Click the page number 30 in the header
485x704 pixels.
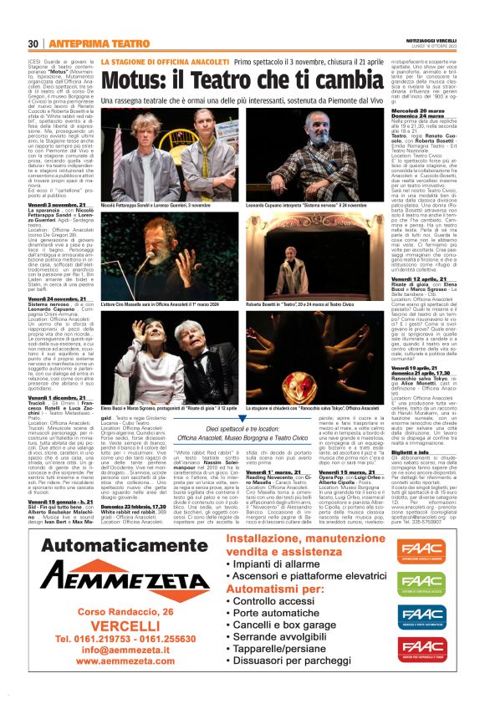tap(33, 43)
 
